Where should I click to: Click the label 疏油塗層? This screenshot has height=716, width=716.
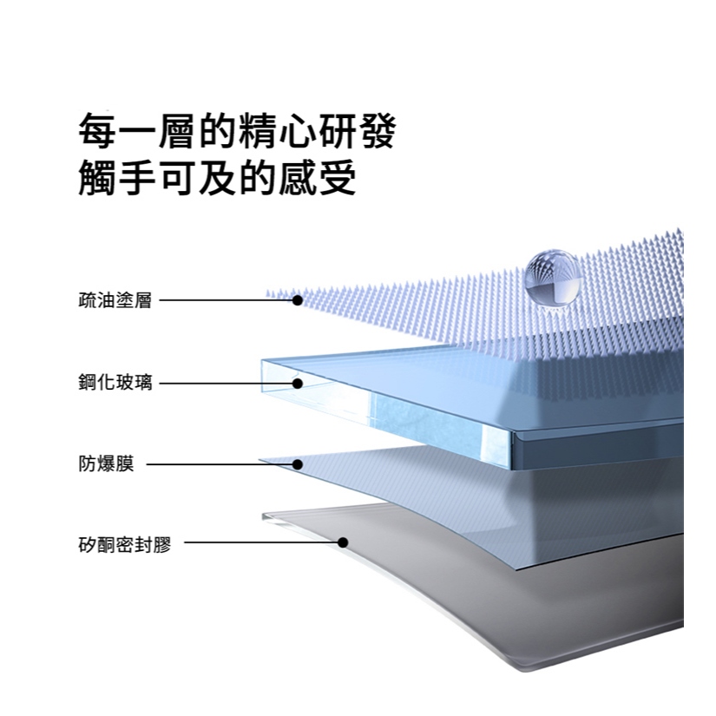[x=115, y=300]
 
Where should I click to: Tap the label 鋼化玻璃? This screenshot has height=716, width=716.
[x=115, y=383]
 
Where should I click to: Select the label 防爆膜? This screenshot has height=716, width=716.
[x=106, y=464]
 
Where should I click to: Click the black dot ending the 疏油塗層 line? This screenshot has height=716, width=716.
[x=297, y=300]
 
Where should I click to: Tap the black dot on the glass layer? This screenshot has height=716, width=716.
[x=297, y=383]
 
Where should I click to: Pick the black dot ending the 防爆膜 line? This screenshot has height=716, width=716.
[x=297, y=464]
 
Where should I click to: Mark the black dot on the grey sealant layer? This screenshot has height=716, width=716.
[x=343, y=542]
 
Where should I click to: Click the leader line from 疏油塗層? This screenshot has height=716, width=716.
[x=226, y=300]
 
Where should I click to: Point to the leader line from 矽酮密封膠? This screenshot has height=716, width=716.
[x=260, y=543]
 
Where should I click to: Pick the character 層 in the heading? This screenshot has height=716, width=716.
[x=177, y=133]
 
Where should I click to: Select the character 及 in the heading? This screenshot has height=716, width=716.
[x=217, y=178]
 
